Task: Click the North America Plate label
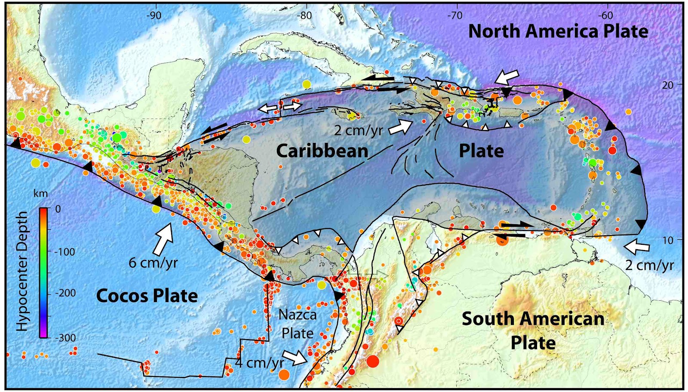pos(558,31)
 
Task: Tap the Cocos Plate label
pos(147,296)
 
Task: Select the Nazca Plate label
pos(297,324)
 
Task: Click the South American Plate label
pos(533,330)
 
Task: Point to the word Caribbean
pos(322,151)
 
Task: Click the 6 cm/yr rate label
pos(153,262)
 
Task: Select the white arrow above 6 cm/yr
pos(163,238)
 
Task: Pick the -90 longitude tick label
pos(154,16)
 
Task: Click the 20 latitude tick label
pos(668,85)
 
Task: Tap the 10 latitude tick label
pos(668,240)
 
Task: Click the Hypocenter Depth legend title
pos(21,271)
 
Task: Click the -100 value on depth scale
pos(65,252)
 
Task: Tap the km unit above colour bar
pos(41,194)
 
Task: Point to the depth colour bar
pos(43,273)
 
